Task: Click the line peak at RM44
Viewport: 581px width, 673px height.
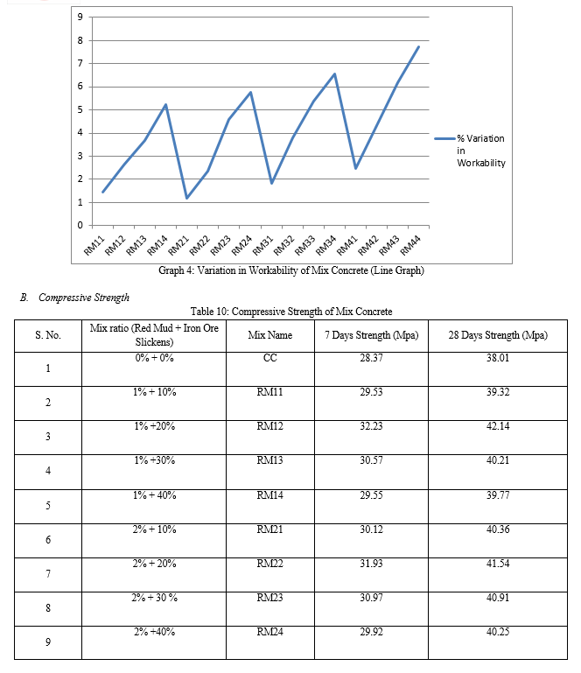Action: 418,46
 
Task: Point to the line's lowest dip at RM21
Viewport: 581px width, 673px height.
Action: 186,198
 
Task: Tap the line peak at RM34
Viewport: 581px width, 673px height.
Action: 334,74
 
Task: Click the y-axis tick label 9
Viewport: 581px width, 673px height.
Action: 80,18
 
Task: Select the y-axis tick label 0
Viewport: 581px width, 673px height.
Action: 80,225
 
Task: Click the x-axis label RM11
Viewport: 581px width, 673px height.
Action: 94,246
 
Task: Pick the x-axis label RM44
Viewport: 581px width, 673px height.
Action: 410,246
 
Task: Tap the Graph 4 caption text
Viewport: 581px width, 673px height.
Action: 290,270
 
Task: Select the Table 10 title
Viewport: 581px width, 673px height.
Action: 290,312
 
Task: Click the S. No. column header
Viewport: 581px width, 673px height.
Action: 48,335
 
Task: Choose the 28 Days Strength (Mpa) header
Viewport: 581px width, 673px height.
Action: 498,335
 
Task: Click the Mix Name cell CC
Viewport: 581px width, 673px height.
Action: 269,358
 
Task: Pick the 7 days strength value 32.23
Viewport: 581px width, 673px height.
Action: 371,426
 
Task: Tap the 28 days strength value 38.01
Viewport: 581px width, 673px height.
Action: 498,358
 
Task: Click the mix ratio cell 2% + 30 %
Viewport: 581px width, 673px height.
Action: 154,598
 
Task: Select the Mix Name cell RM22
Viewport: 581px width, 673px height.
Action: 269,563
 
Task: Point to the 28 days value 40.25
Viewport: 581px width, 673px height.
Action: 498,632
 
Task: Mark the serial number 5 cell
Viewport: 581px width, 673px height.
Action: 48,506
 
